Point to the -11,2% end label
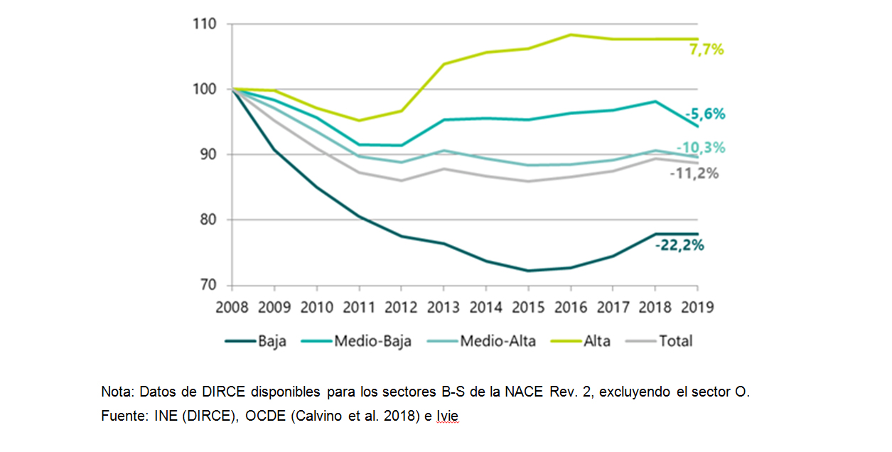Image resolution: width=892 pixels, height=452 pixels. tap(694, 174)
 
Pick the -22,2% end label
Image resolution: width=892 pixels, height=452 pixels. tap(679, 246)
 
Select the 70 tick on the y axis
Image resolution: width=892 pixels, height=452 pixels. tap(209, 286)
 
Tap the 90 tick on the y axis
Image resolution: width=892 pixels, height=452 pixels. tap(209, 155)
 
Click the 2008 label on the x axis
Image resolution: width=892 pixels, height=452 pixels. tap(232, 308)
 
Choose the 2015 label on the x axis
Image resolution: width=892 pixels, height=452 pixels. tap(527, 308)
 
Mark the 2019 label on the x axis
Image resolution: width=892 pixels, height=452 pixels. tap(697, 308)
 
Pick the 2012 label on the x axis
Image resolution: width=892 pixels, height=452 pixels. tap(401, 308)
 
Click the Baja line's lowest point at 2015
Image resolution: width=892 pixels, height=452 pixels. tap(527, 271)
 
